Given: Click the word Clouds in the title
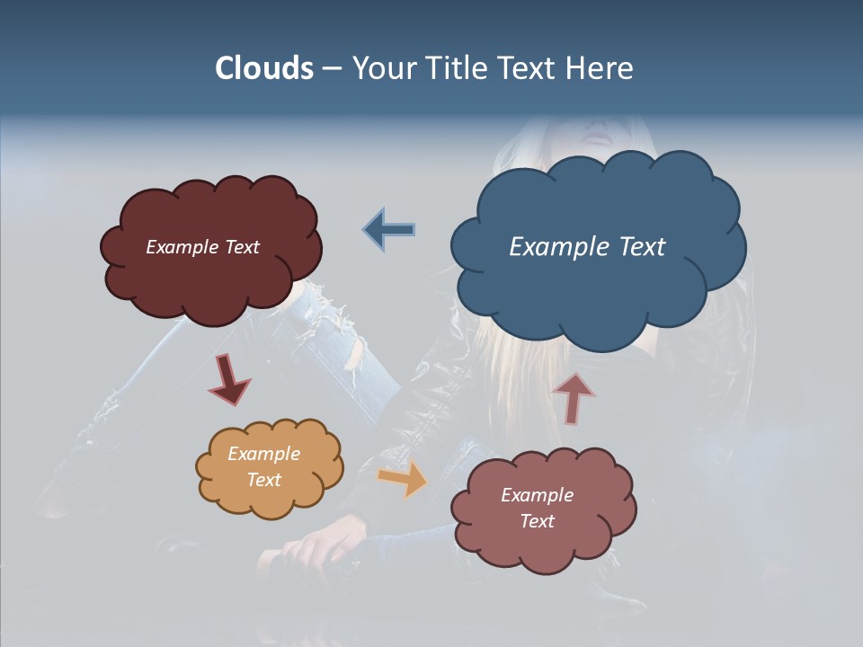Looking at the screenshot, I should point(264,68).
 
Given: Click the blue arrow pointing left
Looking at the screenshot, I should point(389,230).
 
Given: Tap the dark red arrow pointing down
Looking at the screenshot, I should point(228,379).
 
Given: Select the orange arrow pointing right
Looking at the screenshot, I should point(402,479).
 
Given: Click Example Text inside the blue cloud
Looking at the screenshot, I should point(587,246).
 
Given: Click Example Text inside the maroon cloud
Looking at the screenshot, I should point(202,246).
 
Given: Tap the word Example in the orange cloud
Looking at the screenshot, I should point(263,454).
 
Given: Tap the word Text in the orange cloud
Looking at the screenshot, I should point(263,480).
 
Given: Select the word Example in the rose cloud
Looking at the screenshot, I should point(537,495).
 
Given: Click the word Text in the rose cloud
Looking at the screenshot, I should point(537,521).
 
